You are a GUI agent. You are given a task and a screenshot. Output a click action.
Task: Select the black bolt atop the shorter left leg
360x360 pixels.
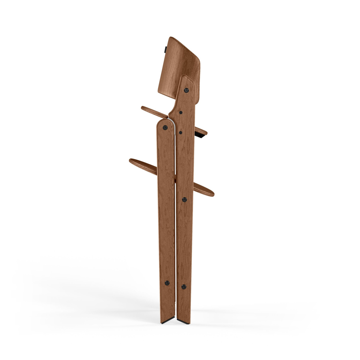click(x=165, y=127)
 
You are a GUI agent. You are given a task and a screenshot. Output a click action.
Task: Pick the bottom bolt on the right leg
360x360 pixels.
click(x=184, y=286)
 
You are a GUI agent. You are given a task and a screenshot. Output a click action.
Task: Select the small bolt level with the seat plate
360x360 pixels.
click(x=181, y=112)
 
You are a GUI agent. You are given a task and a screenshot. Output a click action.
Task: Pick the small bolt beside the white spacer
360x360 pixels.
click(x=180, y=132)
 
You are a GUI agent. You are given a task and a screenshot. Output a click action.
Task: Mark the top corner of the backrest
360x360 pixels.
click(x=171, y=38)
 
